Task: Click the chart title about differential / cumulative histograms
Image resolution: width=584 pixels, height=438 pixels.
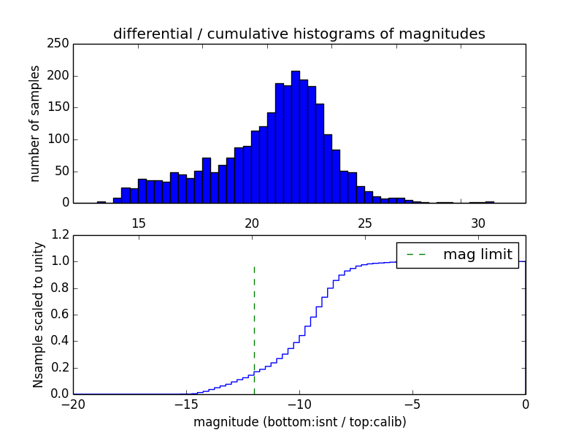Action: tap(299, 34)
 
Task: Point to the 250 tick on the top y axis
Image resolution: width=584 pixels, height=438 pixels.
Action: tap(61, 44)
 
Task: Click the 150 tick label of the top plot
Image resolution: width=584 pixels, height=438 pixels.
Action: tap(61, 107)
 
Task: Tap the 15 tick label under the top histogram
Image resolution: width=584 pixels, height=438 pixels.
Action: tap(139, 223)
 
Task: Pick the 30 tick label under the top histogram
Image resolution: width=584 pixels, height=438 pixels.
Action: tap(478, 223)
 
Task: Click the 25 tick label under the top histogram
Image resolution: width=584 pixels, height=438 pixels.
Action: tap(365, 223)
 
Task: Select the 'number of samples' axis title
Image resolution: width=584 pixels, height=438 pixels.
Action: tap(35, 123)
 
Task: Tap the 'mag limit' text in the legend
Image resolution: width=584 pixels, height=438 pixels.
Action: tap(477, 255)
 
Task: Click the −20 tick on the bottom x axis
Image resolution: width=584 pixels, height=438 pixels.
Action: tap(73, 404)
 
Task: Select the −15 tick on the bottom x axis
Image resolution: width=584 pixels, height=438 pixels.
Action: tap(186, 404)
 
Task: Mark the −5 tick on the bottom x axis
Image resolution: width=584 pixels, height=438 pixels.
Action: tap(412, 404)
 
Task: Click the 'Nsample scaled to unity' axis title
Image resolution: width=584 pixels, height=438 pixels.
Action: tap(38, 315)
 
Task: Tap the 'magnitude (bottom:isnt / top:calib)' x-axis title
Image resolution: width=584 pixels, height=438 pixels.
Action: tap(299, 422)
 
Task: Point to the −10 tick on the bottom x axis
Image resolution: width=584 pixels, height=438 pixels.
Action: tap(299, 404)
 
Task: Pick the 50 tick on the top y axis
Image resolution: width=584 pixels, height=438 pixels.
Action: tap(64, 171)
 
